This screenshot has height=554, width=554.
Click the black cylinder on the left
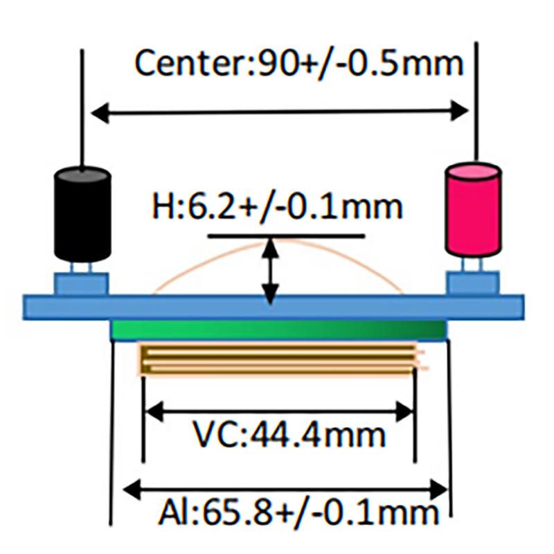[82, 214]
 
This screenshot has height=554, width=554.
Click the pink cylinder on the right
[473, 210]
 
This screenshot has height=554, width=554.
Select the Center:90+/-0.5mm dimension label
[299, 64]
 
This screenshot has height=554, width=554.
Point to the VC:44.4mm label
[289, 435]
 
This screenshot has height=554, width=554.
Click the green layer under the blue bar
[279, 330]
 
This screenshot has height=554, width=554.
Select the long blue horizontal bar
[274, 307]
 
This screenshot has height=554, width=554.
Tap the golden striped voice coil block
[279, 359]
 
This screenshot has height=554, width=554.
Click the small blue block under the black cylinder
[82, 283]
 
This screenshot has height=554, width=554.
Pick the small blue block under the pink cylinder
[474, 283]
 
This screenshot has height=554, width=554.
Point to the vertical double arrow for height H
[270, 271]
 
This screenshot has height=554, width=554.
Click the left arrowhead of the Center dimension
[100, 113]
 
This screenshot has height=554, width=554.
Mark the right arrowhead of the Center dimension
[459, 111]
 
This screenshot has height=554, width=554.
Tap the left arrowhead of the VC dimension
[154, 411]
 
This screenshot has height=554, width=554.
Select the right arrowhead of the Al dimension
[439, 490]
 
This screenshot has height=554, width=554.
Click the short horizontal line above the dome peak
[286, 235]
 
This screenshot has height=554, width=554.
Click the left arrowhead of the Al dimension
[132, 490]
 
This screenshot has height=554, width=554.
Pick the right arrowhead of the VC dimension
[404, 411]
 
